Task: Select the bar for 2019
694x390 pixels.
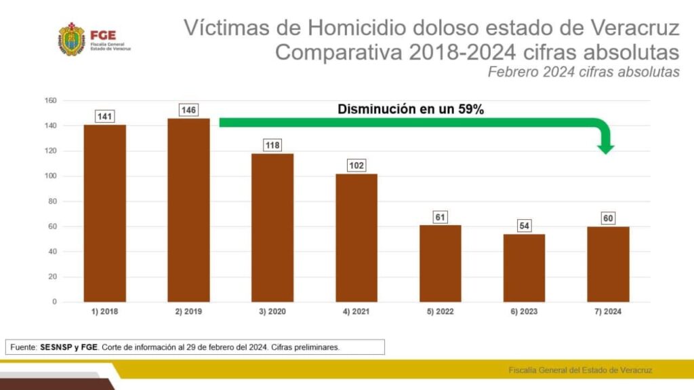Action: coord(188,210)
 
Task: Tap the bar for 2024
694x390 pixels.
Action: coord(608,265)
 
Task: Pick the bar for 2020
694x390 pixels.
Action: coord(272,228)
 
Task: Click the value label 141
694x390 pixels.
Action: coord(104,117)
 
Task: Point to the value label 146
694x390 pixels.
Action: coord(188,110)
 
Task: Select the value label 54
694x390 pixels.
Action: coord(524,226)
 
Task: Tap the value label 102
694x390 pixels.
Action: coord(356,165)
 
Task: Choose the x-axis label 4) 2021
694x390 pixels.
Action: coord(356,312)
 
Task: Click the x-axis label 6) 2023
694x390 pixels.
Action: coord(524,312)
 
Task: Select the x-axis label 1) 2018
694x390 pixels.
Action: coord(104,312)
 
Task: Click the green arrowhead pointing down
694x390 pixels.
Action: coord(607,147)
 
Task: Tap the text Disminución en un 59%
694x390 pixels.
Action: coord(411,109)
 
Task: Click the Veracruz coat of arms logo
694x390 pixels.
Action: coord(71,39)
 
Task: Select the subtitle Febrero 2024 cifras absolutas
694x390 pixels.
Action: coord(584,73)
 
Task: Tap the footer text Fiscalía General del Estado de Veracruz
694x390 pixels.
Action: coord(581,370)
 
